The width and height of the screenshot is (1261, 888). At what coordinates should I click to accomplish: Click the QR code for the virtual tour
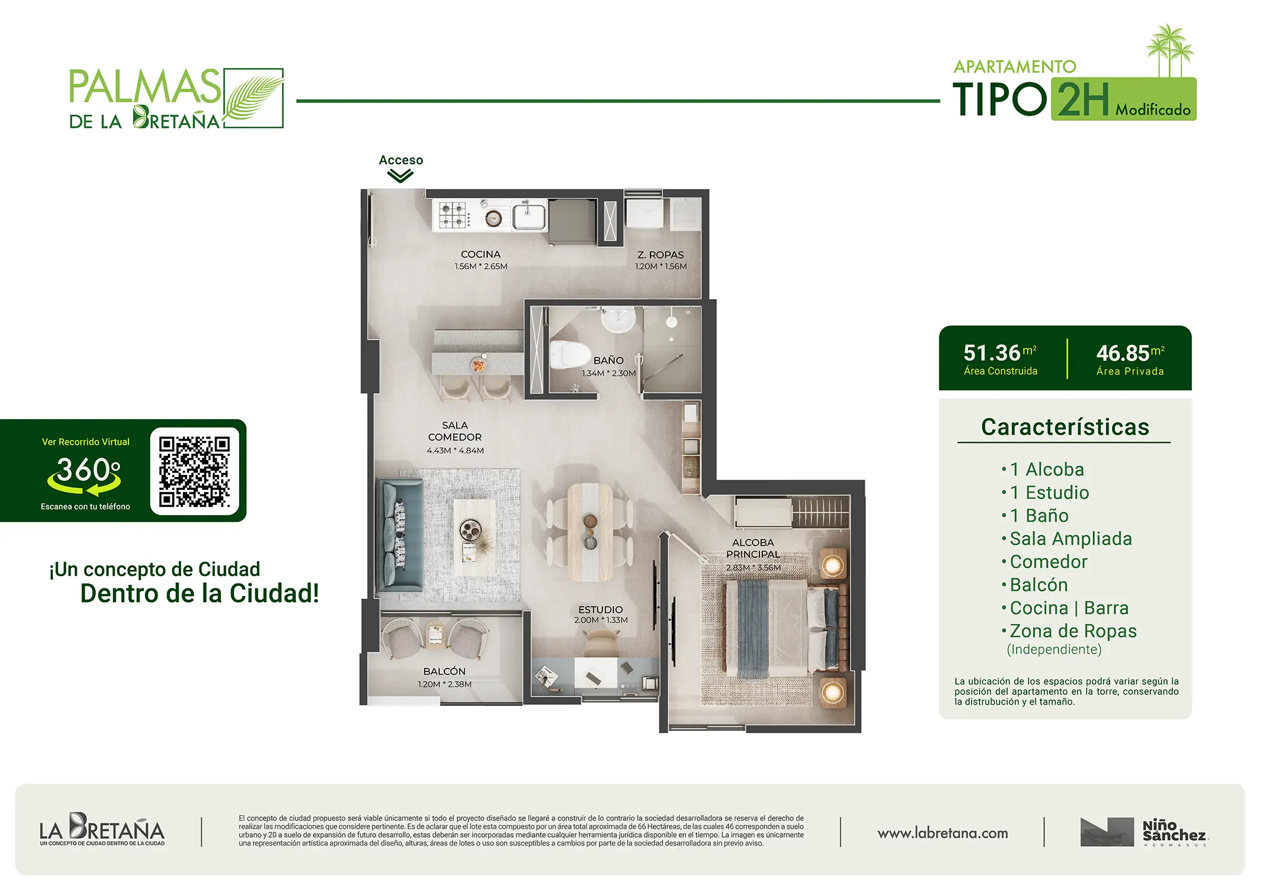[x=194, y=472]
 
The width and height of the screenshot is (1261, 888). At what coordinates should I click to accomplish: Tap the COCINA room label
[x=480, y=254]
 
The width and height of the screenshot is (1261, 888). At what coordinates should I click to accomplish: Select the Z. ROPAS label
[x=660, y=255]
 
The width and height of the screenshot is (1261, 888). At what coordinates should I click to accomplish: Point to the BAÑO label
[x=608, y=360]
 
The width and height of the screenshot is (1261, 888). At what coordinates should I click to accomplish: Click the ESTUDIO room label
[x=600, y=610]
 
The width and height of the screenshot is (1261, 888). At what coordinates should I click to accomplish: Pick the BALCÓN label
[x=444, y=671]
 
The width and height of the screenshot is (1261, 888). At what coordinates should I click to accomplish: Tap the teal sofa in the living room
[x=401, y=534]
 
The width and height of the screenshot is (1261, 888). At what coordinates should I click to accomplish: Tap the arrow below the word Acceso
[x=400, y=176]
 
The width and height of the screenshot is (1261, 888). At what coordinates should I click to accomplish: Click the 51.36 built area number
[x=992, y=353]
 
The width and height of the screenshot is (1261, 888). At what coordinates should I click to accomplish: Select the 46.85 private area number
[x=1122, y=353]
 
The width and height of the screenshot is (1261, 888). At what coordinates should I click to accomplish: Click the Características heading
[x=1065, y=427]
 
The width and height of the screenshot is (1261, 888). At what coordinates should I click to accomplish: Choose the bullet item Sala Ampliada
[x=1071, y=539]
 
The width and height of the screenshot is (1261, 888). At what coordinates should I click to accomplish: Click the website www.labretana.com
[x=942, y=833]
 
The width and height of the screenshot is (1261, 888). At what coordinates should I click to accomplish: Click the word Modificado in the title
[x=1153, y=109]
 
